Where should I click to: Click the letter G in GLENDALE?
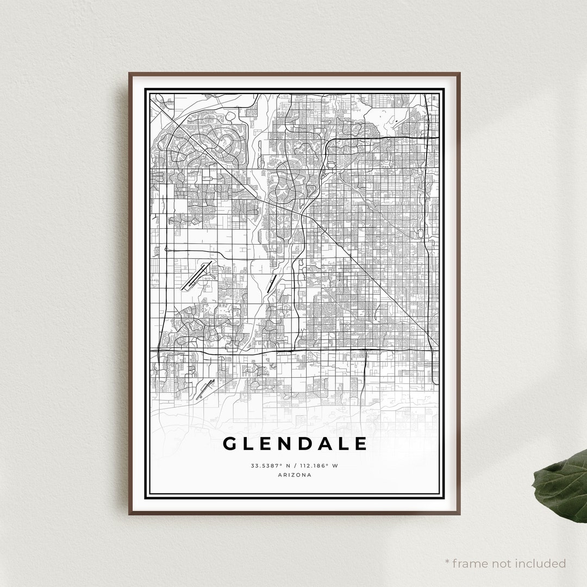click(230, 444)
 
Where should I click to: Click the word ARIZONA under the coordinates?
click(295, 475)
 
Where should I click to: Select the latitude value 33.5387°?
click(265, 466)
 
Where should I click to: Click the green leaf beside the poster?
click(563, 486)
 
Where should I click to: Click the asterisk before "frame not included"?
click(447, 562)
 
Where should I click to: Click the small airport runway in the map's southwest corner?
click(205, 389)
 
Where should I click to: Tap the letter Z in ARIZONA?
click(295, 475)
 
